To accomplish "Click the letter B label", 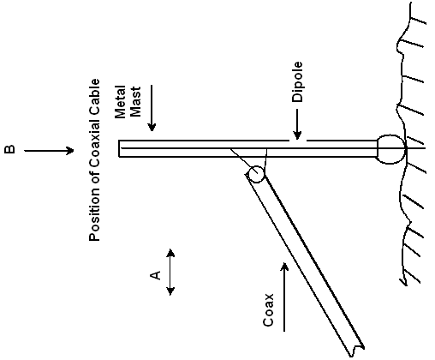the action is (x=9, y=149).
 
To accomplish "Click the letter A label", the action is (x=156, y=275).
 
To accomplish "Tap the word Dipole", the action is (x=297, y=81).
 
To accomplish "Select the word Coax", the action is (x=268, y=310).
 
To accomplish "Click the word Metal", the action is (x=120, y=102).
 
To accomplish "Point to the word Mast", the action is (x=135, y=102).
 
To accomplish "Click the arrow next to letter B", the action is (x=49, y=151).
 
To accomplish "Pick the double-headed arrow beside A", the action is (x=170, y=272).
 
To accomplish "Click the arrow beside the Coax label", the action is (x=284, y=297).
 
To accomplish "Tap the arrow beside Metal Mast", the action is (x=152, y=108).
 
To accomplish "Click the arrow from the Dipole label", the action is (x=297, y=124).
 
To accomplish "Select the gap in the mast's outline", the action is (x=298, y=141).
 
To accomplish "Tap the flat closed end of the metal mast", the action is (x=119, y=148).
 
